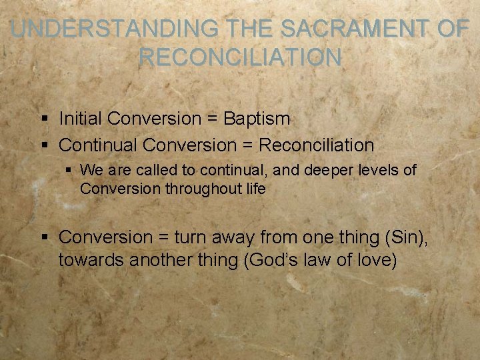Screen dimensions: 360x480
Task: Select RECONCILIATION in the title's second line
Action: point(240,57)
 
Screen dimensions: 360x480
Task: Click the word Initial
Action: point(81,119)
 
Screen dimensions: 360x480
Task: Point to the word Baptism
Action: point(257,119)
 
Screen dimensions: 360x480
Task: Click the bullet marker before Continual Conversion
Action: point(44,145)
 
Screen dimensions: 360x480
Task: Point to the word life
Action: point(254,189)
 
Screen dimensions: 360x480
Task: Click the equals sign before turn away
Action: point(164,238)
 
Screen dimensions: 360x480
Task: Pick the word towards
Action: point(91,260)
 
